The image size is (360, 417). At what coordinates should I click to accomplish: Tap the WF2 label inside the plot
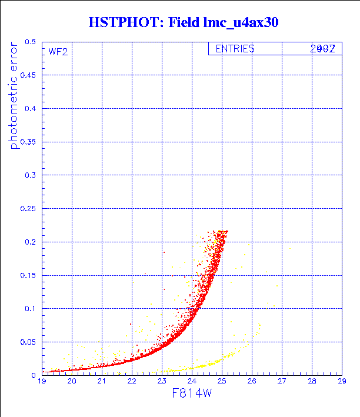[x=58, y=52]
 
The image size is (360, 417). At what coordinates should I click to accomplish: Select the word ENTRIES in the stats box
[x=235, y=49]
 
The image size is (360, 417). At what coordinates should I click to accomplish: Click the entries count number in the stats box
[x=322, y=49]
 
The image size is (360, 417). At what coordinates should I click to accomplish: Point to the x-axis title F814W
[x=192, y=393]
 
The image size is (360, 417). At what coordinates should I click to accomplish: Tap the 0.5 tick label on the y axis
[x=30, y=42]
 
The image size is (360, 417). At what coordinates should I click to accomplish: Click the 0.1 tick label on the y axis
[x=30, y=308]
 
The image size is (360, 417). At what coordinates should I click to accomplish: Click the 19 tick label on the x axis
[x=42, y=382]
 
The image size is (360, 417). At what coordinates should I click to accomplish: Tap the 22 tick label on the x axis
[x=132, y=382]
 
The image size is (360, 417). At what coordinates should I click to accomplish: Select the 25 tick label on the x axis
[x=222, y=382]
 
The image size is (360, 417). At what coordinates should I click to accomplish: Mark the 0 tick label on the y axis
[x=34, y=375]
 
